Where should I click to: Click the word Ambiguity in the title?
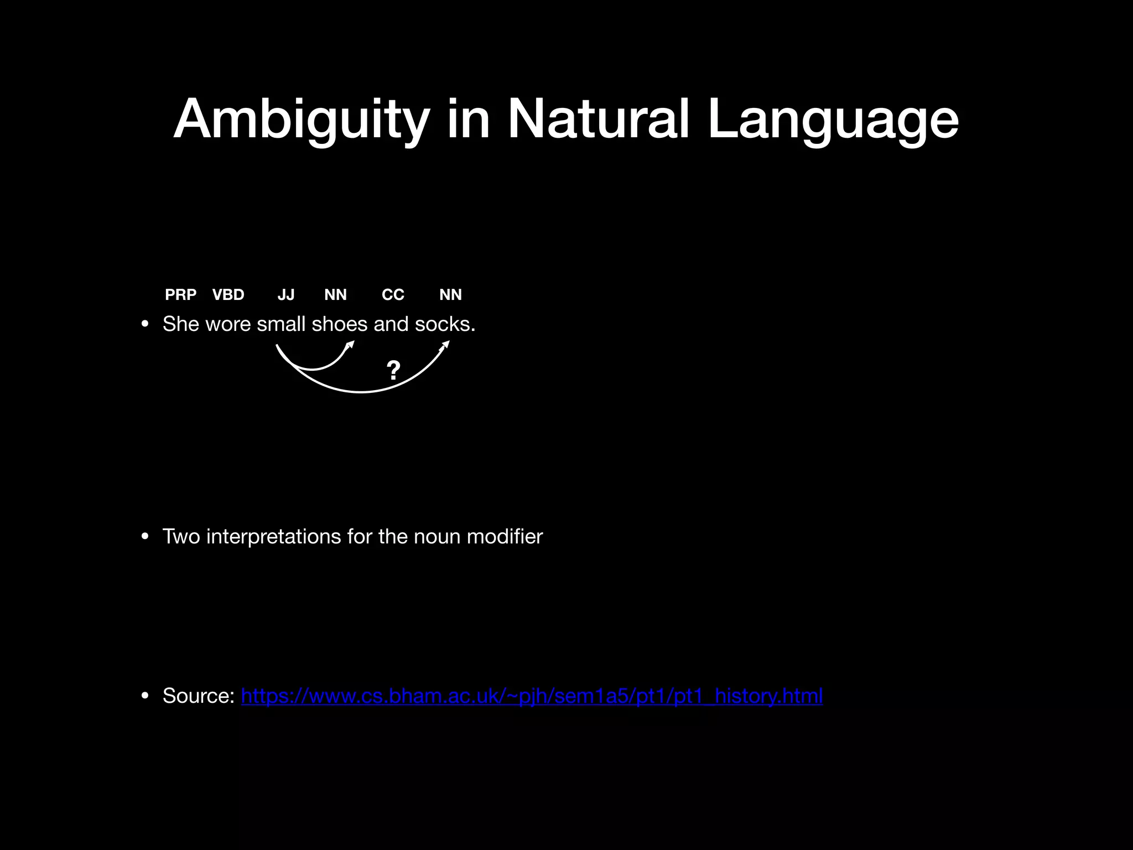click(302, 119)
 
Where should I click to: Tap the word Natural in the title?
click(599, 119)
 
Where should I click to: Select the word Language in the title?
click(833, 119)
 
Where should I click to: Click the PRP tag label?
click(180, 294)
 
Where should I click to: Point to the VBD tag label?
click(228, 294)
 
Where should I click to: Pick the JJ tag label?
click(286, 294)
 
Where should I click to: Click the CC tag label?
click(393, 294)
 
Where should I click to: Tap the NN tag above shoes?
click(335, 294)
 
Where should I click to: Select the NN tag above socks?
click(450, 294)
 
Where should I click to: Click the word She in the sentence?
click(180, 324)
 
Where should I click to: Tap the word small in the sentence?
click(280, 324)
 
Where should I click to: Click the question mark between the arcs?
click(393, 370)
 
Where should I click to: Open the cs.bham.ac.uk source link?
click(532, 696)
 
